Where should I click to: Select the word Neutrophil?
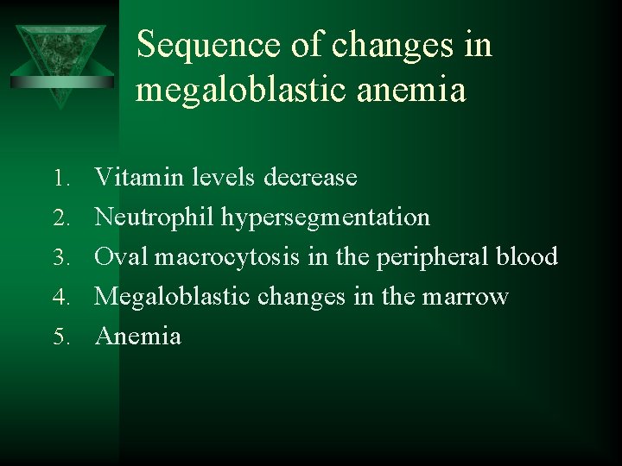pos(155,217)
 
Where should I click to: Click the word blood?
pos(530,257)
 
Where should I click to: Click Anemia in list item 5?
pos(138,336)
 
